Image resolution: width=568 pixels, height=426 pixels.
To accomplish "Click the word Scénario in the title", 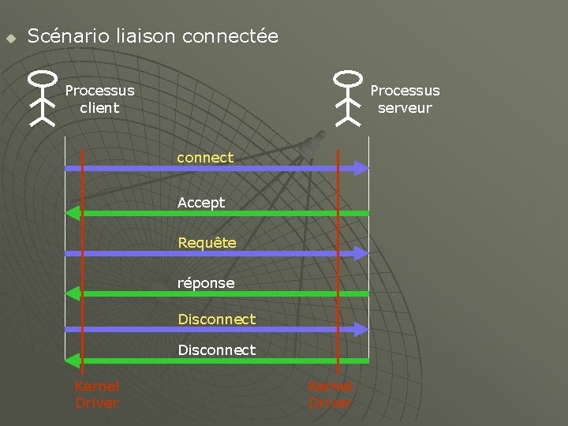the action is coord(69,36).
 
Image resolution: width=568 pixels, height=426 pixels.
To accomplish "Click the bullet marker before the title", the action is coord(10,38).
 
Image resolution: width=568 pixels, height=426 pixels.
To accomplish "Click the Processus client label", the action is coord(99,99).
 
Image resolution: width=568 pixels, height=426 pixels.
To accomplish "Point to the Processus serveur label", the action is coord(405,99).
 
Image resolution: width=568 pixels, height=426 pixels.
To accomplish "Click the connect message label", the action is coord(205,158).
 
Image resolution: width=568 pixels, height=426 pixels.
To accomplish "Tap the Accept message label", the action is coord(201,203).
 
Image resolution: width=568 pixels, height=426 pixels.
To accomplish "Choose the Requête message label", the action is coord(207,243).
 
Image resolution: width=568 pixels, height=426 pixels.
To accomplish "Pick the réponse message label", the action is coord(206,282).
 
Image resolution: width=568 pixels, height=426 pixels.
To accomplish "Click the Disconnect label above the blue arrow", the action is coord(217,319).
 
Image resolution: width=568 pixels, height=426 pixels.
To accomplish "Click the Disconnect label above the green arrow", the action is coord(217,349).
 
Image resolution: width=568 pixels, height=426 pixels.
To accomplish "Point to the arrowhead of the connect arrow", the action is coord(361,168).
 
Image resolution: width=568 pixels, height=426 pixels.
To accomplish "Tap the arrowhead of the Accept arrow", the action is coord(73,213).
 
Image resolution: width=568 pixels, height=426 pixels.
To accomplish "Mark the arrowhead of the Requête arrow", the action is coord(361,253).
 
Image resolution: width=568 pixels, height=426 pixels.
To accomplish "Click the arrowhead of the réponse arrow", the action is coord(73,293).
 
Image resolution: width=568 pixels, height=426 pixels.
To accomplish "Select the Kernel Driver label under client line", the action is coord(96,394).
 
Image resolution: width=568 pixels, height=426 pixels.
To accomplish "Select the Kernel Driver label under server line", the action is coord(331,394).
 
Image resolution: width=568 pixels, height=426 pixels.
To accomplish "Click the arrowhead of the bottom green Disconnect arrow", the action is coord(73,361).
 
